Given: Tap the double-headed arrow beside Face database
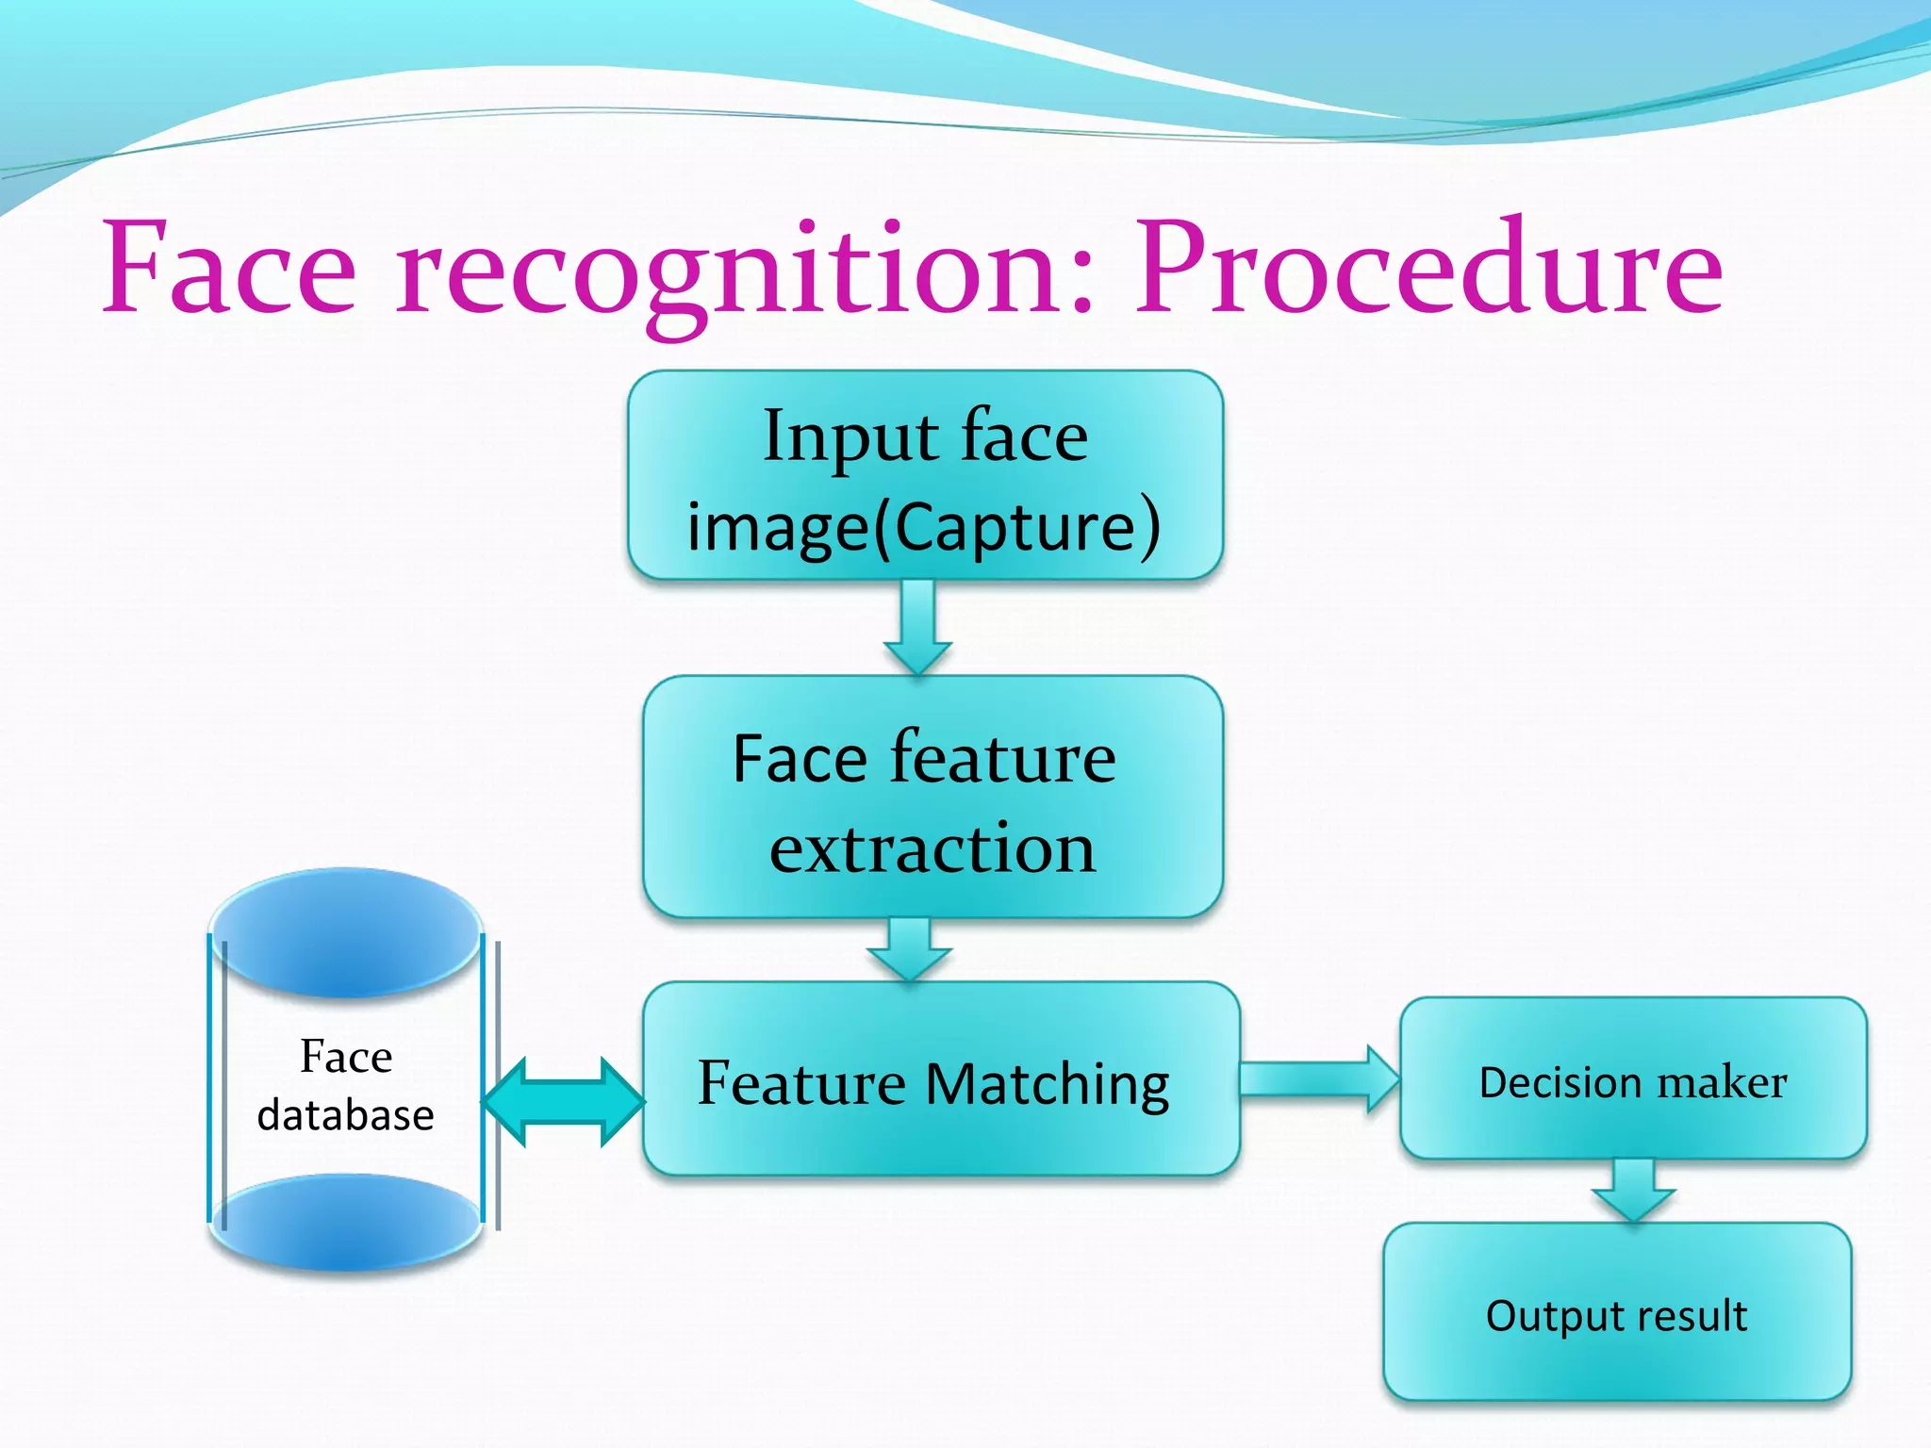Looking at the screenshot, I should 564,1101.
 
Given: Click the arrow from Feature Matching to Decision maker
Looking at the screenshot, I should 1318,1079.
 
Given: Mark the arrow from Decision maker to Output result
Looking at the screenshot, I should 1633,1190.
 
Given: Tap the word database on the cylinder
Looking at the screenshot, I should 345,1116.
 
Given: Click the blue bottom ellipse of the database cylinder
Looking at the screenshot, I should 346,1223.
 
